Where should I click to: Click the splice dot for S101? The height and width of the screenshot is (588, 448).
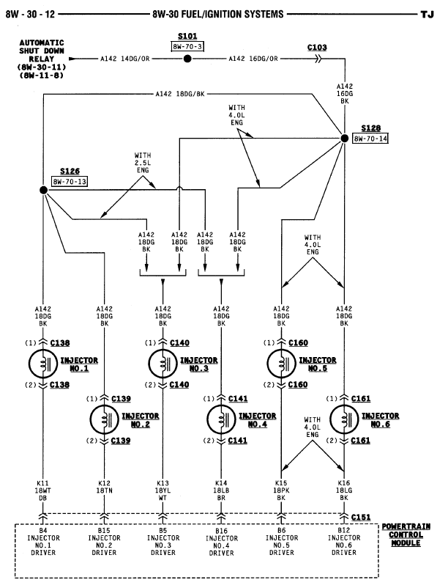pyautogui.click(x=187, y=59)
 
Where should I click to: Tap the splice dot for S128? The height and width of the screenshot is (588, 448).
pyautogui.click(x=344, y=138)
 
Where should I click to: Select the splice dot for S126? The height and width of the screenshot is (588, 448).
pyautogui.click(x=44, y=191)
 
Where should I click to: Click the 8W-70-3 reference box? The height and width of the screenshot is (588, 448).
pyautogui.click(x=187, y=46)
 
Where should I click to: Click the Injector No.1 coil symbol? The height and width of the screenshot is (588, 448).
pyautogui.click(x=44, y=363)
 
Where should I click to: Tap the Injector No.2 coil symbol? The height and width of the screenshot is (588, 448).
pyautogui.click(x=104, y=419)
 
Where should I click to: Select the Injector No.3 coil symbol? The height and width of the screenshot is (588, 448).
pyautogui.click(x=163, y=363)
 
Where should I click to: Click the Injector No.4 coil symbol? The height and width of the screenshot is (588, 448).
pyautogui.click(x=221, y=419)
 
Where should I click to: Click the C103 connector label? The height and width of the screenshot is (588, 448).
pyautogui.click(x=317, y=46)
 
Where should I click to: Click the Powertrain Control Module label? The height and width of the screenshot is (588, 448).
pyautogui.click(x=406, y=535)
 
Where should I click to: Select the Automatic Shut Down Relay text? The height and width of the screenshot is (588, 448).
pyautogui.click(x=42, y=59)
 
